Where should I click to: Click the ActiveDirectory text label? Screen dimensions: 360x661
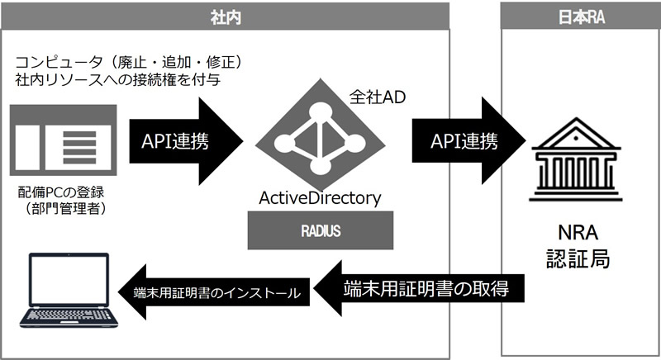click(320, 198)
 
